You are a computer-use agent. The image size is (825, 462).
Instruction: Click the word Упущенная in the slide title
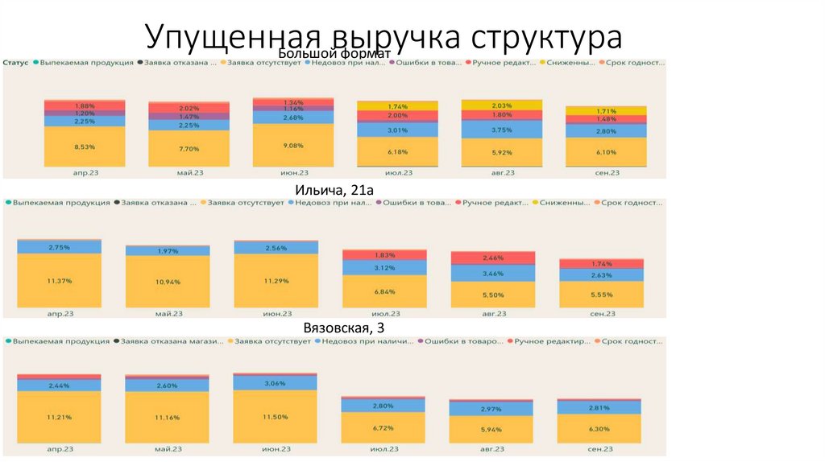coord(223,38)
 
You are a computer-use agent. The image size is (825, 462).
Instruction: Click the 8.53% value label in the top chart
coord(85,146)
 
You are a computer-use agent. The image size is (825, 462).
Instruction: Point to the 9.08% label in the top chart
coord(293,146)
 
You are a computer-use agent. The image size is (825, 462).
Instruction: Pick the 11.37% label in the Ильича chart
coord(60,281)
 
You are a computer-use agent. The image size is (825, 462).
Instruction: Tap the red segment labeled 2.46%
coord(493,258)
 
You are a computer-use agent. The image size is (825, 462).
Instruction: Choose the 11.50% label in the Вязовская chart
coord(274,415)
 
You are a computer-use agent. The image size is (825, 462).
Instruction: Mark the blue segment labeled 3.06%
coord(274,383)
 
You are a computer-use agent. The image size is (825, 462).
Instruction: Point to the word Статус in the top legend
coord(16,62)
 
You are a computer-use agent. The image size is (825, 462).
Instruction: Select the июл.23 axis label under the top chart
coord(397,172)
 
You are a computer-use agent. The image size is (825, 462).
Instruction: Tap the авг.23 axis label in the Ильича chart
coord(493,313)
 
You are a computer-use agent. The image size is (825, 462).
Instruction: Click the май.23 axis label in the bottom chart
coord(167,448)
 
